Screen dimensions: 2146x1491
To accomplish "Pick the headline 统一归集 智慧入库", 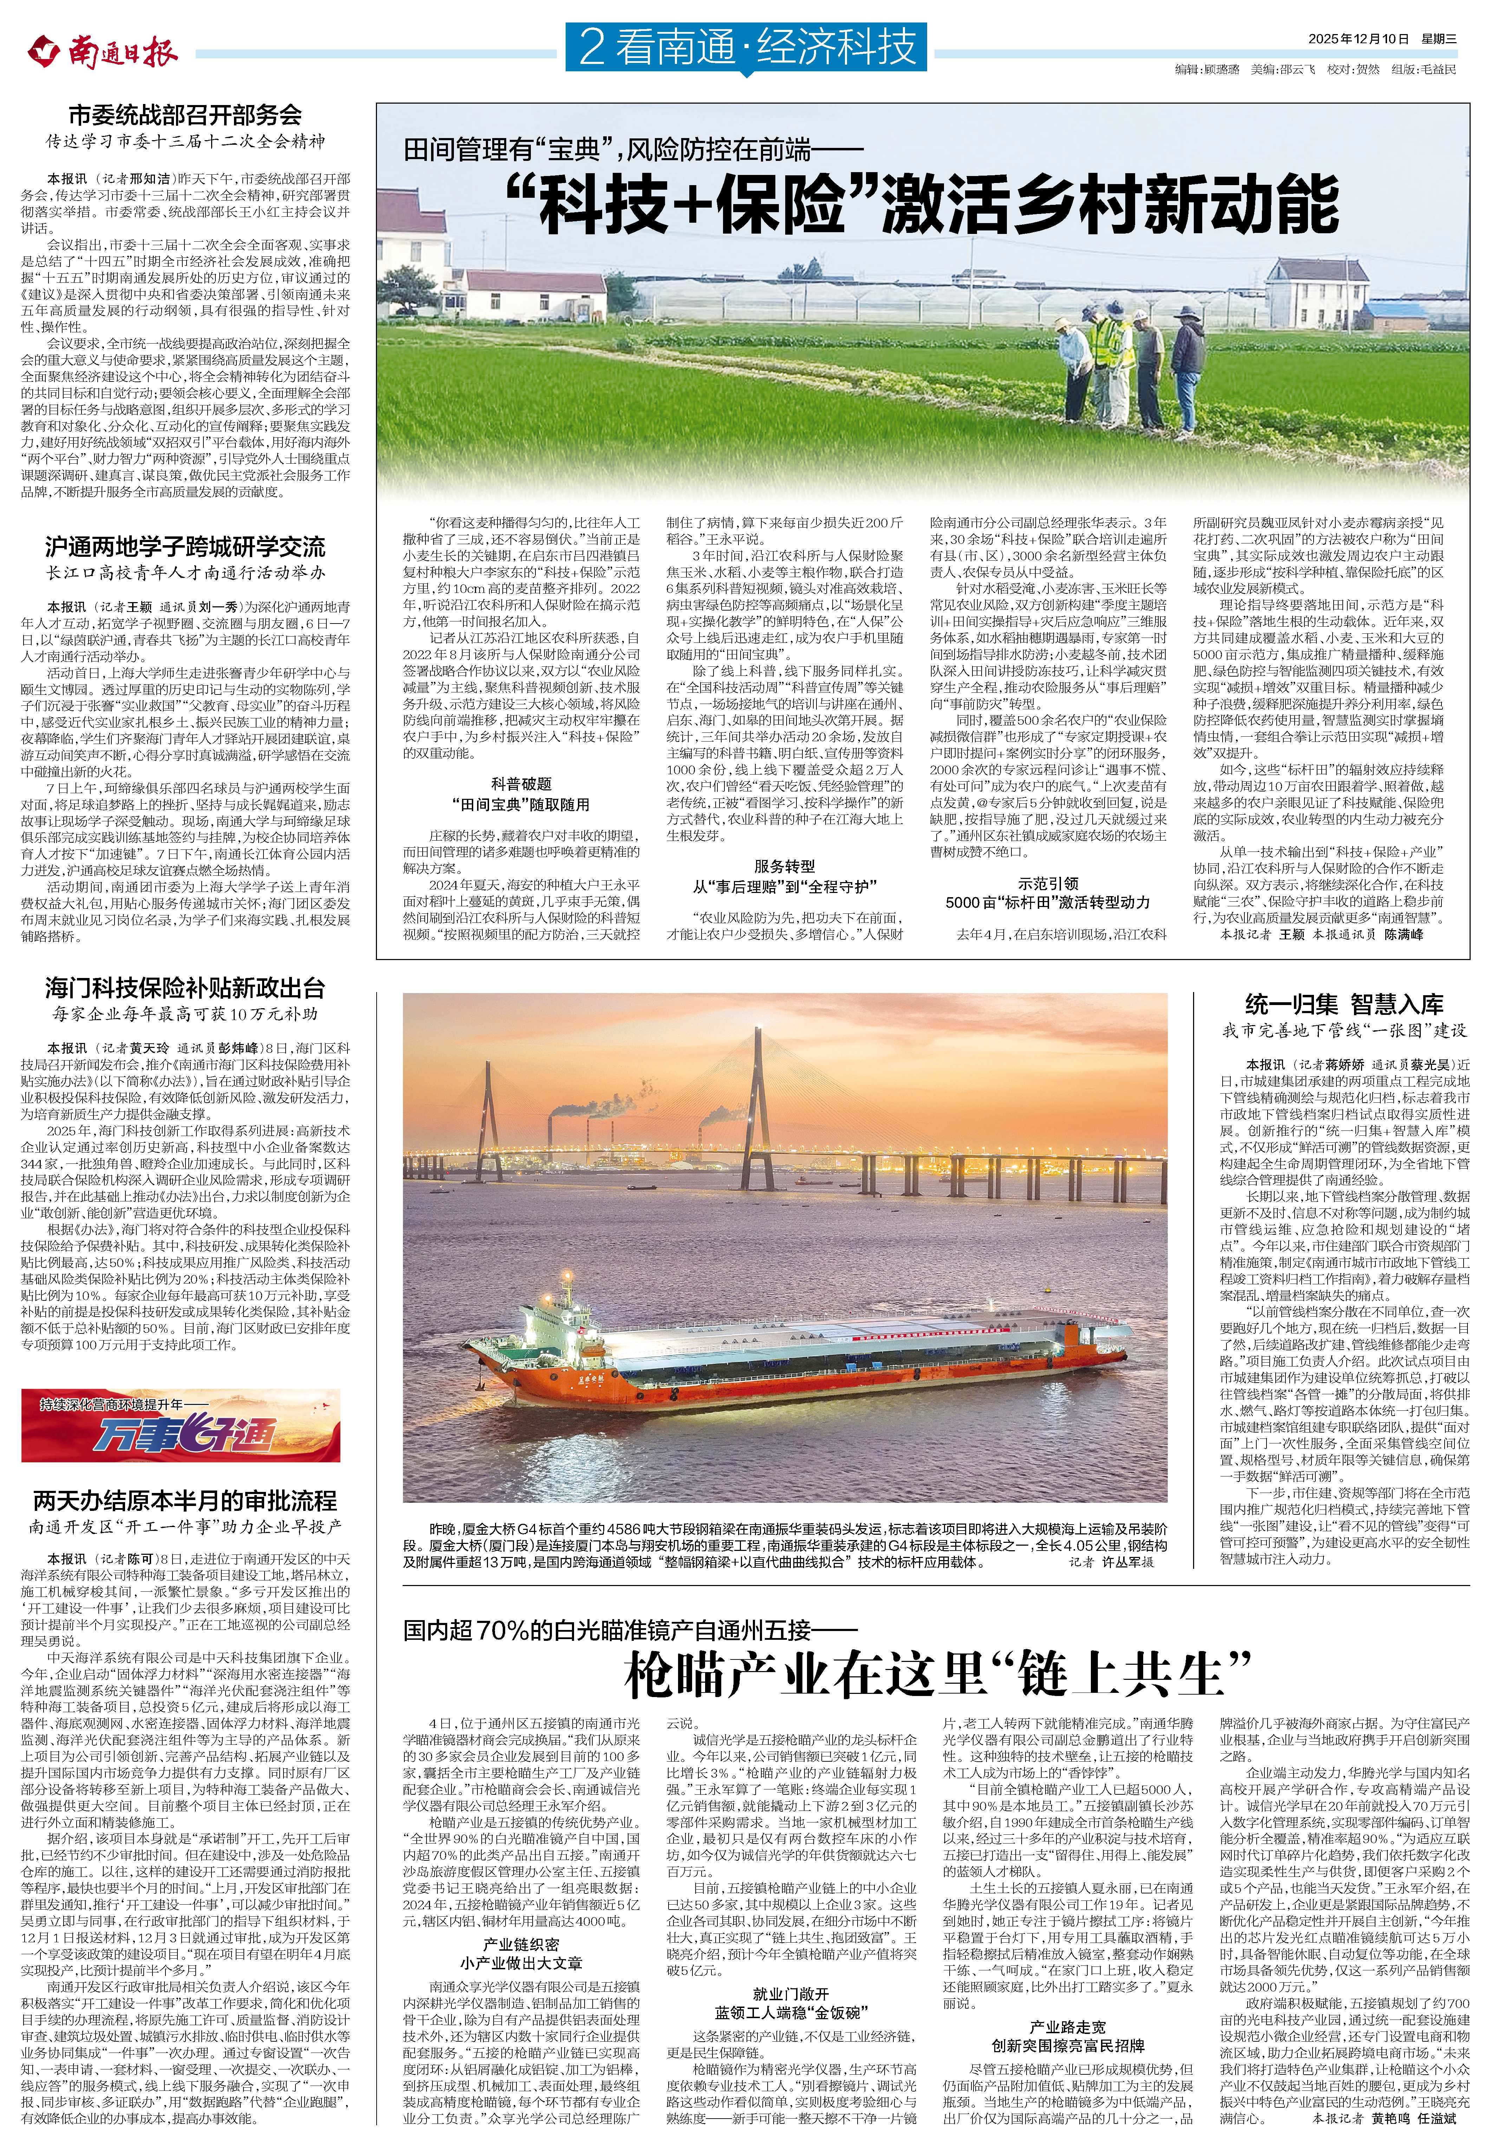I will point(1343,1004).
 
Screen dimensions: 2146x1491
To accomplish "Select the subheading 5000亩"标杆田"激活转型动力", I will point(1047,902).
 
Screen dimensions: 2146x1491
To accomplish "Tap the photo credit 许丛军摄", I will point(1126,1561).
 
